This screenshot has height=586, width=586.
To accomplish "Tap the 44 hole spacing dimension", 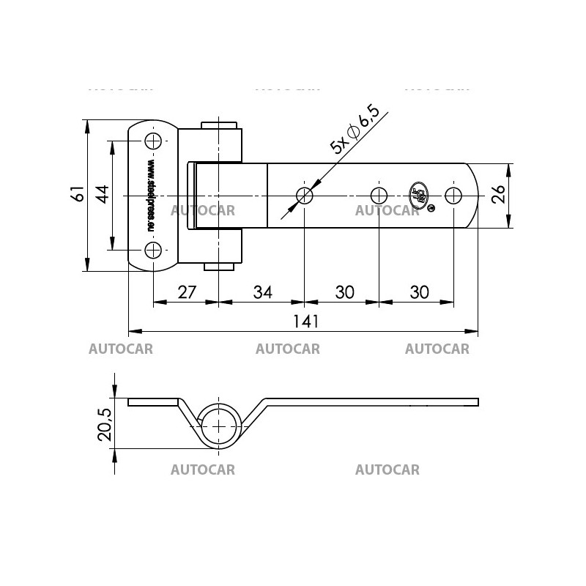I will pos(102,194).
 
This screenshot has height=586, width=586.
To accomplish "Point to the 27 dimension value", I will pos(188,292).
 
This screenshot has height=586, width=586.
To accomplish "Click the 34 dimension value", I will pos(262,292).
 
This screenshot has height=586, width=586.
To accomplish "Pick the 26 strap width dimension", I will pos(497,195).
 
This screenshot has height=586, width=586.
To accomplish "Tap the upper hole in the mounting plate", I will pos(152,141).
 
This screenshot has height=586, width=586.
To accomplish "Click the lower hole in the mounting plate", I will pos(152,251).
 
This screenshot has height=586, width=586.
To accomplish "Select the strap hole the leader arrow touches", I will pos(304,196).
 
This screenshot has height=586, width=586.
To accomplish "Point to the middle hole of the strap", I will pos(379,196).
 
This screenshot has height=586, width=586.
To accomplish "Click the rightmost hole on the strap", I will pos(454,196).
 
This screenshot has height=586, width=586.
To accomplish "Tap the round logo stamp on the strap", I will pos(419,194).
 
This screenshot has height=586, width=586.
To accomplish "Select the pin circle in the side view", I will pos(219,426).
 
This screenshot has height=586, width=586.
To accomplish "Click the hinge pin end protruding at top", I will pos(219,125).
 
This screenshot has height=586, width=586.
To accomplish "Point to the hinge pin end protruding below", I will pos(219,266).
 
